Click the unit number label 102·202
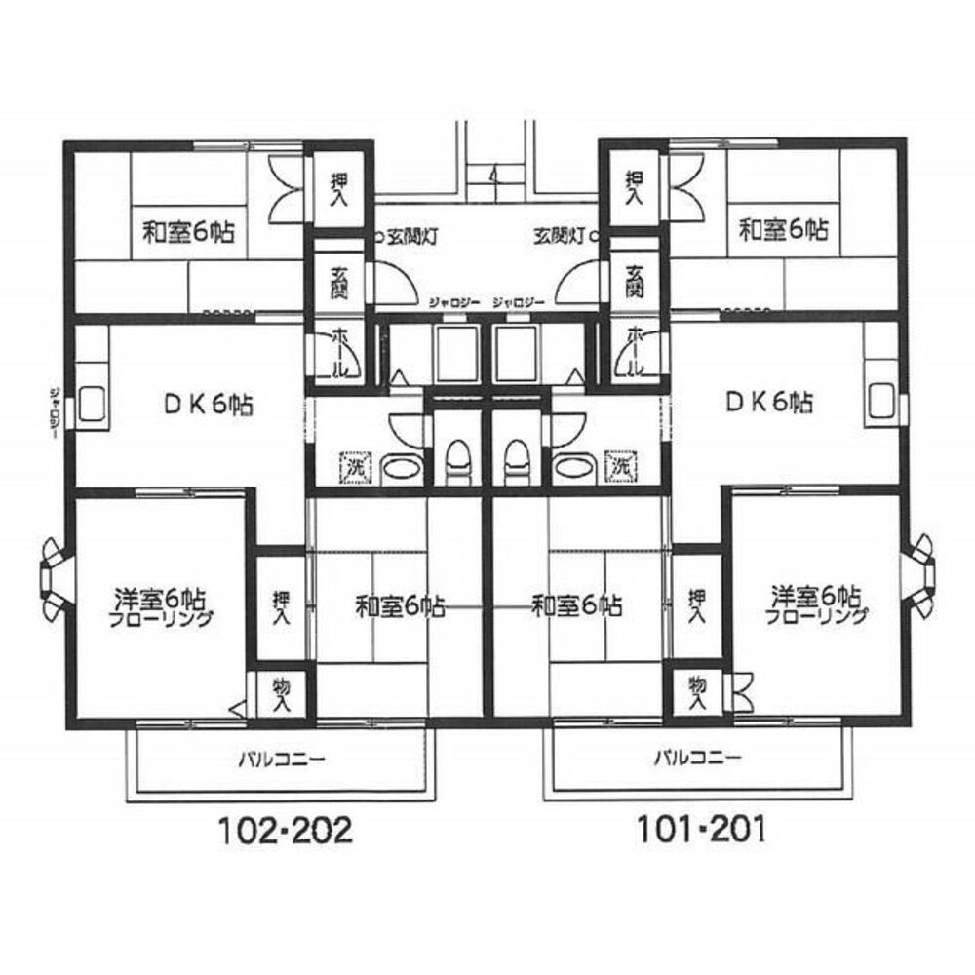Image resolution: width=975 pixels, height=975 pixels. tap(282, 831)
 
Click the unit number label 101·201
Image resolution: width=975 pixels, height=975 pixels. tap(700, 831)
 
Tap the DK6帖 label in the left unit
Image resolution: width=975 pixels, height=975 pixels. tap(208, 403)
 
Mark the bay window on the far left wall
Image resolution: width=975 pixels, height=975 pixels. tap(52, 582)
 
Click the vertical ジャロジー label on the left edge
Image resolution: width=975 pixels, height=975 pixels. tap(55, 409)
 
